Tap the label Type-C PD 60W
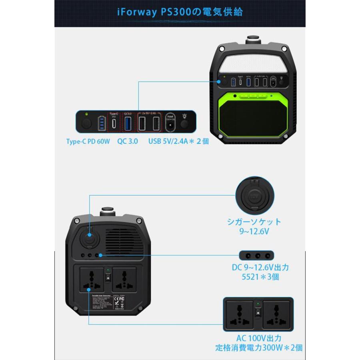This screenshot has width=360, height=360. point(87,141)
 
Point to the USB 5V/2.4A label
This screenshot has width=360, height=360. point(178,141)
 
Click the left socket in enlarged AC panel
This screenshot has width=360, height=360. point(240,315)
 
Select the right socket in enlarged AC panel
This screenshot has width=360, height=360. point(276,315)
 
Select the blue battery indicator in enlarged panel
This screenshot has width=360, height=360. point(101,123)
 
